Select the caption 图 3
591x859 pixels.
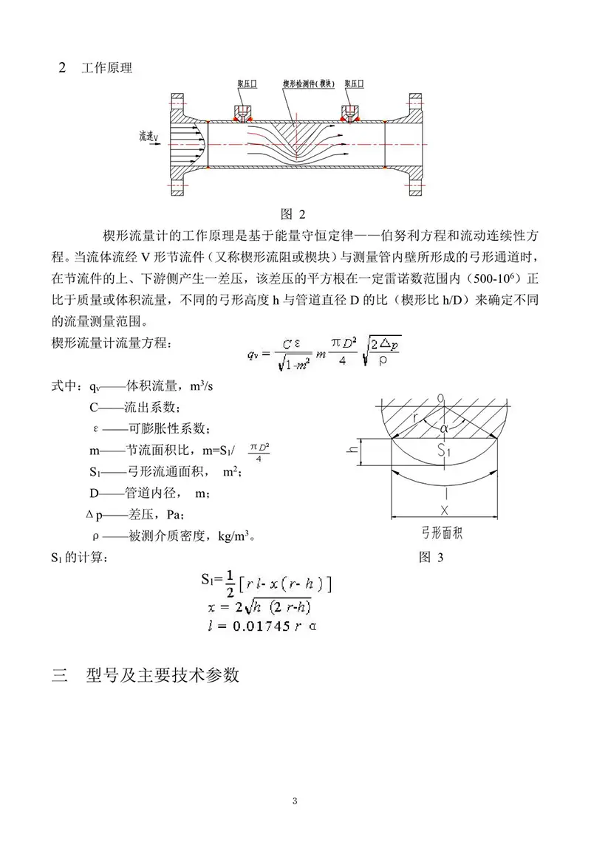(x=431, y=556)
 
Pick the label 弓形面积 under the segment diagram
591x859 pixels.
(x=443, y=531)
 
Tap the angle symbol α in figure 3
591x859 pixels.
(x=444, y=427)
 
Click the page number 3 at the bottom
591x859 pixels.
(x=295, y=801)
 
